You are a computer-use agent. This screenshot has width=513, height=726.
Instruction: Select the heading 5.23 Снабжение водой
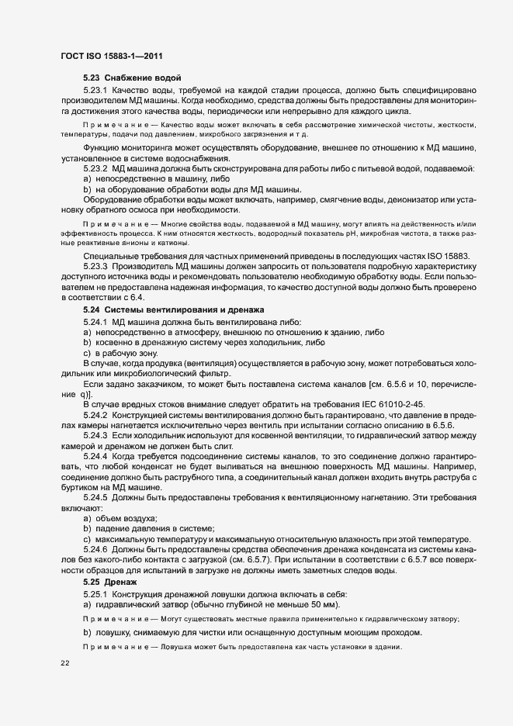132,78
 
